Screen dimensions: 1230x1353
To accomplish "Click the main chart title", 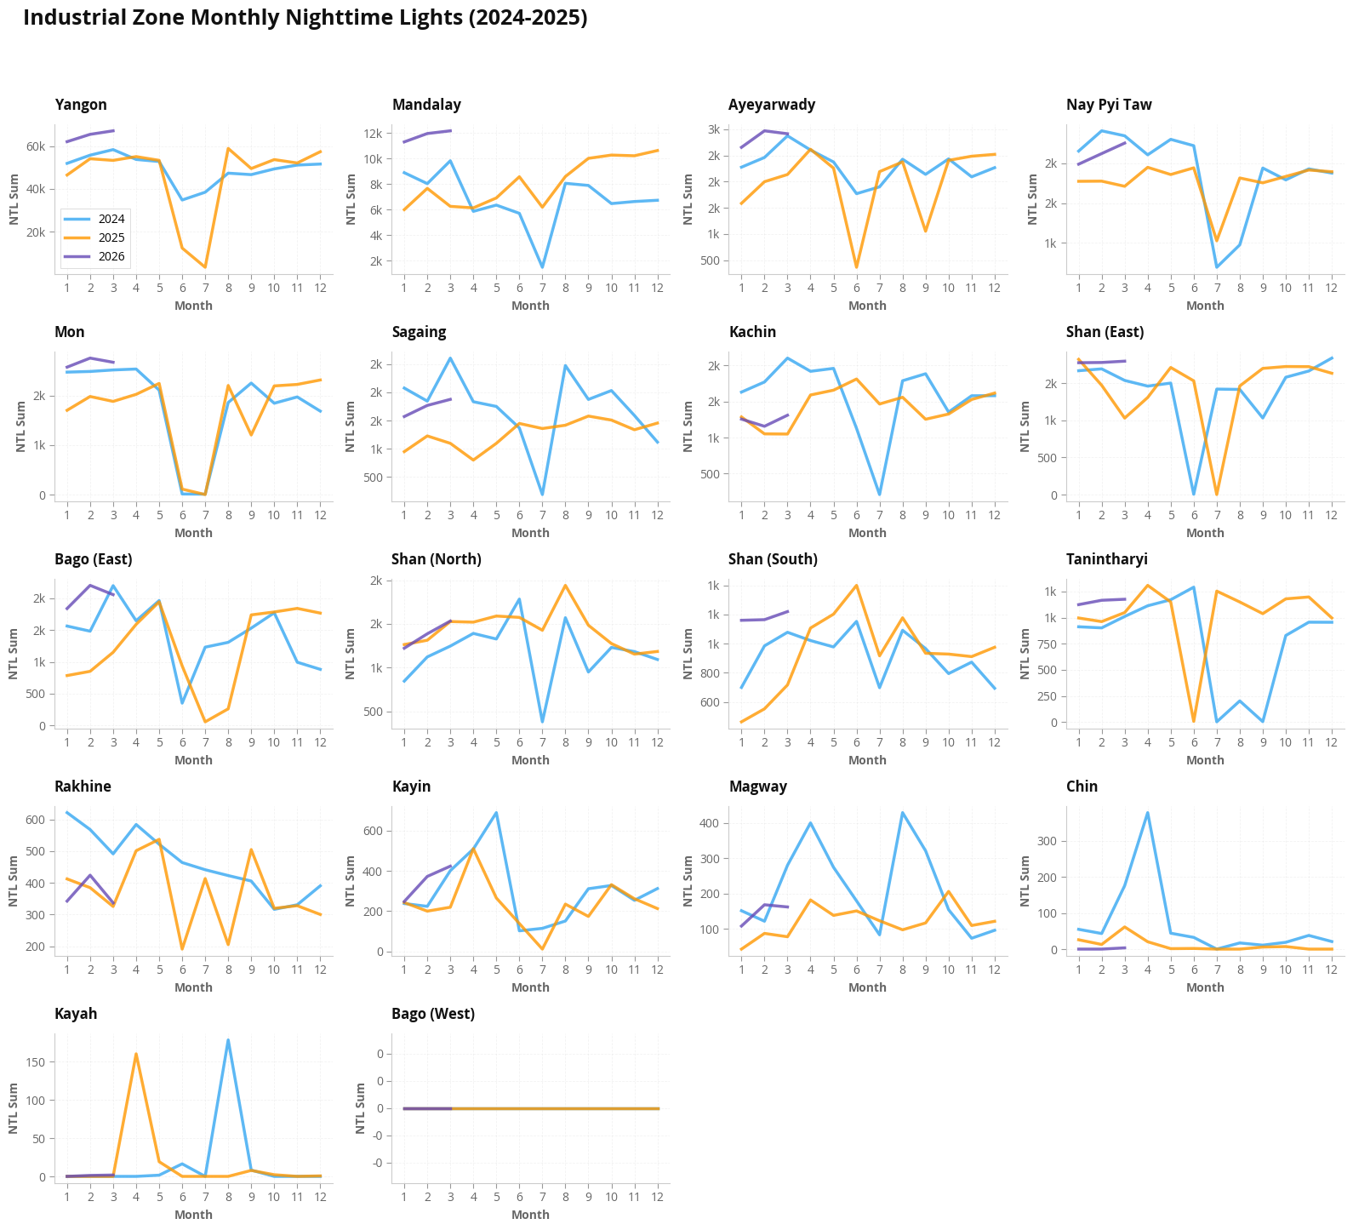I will tap(305, 18).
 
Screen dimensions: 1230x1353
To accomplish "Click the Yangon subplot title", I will tap(81, 105).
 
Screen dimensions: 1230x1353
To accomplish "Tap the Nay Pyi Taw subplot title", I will tap(1108, 105).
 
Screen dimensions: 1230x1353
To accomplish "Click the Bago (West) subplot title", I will tap(433, 1014).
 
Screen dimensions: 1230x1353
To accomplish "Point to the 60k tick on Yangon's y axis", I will tap(36, 146).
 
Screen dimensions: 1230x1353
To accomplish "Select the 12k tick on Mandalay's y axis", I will tap(371, 134).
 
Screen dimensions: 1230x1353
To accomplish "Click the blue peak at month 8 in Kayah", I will tap(228, 1040).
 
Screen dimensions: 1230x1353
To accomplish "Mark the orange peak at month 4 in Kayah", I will tap(136, 1054).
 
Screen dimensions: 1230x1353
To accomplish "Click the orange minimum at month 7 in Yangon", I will tap(205, 267).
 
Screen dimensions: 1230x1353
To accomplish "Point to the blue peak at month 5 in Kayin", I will tap(496, 813).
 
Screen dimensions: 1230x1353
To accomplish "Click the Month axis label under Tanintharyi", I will tap(1205, 760).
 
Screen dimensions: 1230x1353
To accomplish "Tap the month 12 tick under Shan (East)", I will tap(1331, 515).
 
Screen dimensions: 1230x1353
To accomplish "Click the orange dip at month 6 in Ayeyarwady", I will tap(856, 267).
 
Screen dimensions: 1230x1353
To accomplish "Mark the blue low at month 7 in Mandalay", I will tap(542, 267).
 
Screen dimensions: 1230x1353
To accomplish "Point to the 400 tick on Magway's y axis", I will tap(711, 823).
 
